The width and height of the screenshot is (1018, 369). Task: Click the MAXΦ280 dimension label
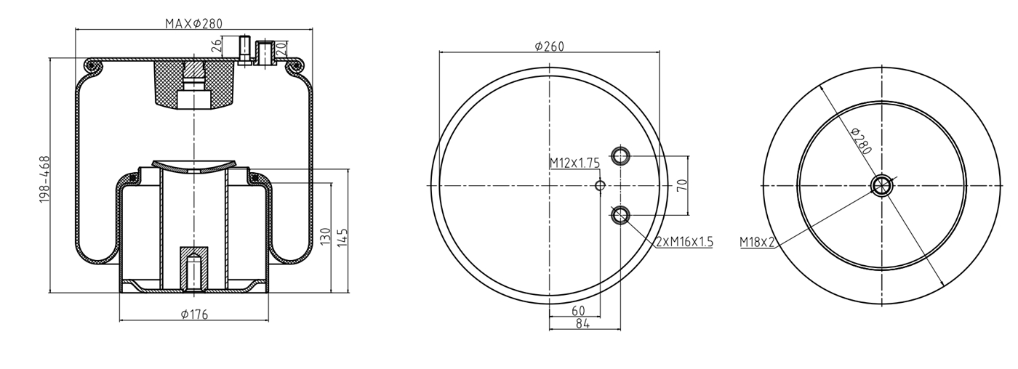pyautogui.click(x=193, y=23)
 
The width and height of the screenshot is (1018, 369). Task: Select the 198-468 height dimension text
pyautogui.click(x=45, y=179)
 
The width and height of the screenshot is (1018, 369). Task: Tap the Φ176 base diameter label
pyautogui.click(x=193, y=314)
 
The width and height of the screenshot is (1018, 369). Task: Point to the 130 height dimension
pyautogui.click(x=325, y=236)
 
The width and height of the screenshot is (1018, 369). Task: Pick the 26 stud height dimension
pyautogui.click(x=215, y=48)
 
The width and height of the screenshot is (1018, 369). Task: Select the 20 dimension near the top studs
pyautogui.click(x=281, y=49)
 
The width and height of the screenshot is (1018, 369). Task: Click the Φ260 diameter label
pyautogui.click(x=549, y=46)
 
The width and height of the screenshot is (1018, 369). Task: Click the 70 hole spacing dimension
pyautogui.click(x=681, y=185)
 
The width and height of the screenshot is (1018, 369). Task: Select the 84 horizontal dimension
pyautogui.click(x=583, y=324)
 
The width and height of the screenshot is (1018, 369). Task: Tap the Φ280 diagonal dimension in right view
pyautogui.click(x=861, y=140)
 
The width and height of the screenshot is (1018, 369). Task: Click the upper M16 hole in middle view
pyautogui.click(x=620, y=155)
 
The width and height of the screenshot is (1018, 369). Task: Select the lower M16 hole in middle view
pyautogui.click(x=620, y=214)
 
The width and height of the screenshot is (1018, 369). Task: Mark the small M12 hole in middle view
pyautogui.click(x=600, y=186)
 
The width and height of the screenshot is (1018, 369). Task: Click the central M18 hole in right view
pyautogui.click(x=881, y=185)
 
